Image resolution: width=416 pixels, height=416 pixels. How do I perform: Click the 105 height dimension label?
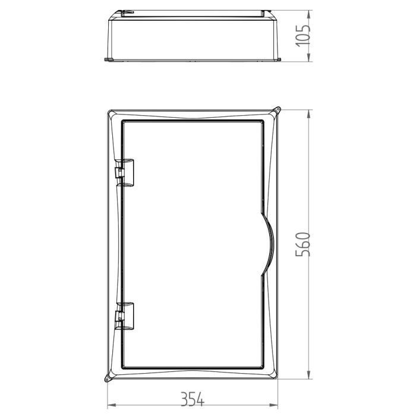click(303, 36)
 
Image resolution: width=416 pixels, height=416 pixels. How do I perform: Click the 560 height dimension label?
click(302, 244)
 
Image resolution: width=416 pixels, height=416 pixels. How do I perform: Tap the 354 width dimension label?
click(193, 399)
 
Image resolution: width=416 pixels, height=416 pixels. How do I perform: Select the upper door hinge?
click(124, 172)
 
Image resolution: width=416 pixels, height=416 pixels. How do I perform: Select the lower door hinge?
click(124, 316)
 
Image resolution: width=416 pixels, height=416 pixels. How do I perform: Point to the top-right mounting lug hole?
click(278, 109)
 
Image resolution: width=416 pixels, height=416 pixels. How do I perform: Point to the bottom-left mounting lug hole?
click(107, 380)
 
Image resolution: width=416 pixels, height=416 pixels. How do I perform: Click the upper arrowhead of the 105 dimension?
click(308, 15)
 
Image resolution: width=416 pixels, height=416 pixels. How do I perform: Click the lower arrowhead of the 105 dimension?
click(308, 57)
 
